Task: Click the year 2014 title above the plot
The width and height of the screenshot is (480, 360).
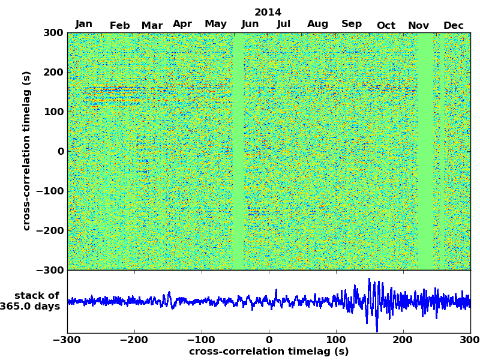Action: coord(268,12)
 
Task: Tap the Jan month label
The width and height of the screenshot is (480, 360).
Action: coord(84,24)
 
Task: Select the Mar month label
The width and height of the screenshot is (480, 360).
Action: coord(152,25)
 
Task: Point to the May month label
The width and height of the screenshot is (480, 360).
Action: coord(215,24)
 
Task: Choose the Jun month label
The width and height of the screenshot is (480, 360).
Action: coord(250,24)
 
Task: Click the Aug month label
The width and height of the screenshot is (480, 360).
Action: coord(317,24)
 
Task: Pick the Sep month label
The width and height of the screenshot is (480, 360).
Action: coord(352,24)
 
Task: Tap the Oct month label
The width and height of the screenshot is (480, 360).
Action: coord(386,25)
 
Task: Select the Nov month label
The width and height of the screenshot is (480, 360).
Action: coord(418,25)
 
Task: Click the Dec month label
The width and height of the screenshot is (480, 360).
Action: coord(454,25)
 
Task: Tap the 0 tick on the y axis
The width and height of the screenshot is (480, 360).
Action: coord(61,151)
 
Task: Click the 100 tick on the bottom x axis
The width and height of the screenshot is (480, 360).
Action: coord(336,340)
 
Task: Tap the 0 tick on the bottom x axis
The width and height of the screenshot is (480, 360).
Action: coord(269,340)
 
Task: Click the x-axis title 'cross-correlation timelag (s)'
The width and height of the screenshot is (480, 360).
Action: coord(269,352)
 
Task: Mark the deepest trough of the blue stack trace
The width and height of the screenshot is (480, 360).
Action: coord(377,331)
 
